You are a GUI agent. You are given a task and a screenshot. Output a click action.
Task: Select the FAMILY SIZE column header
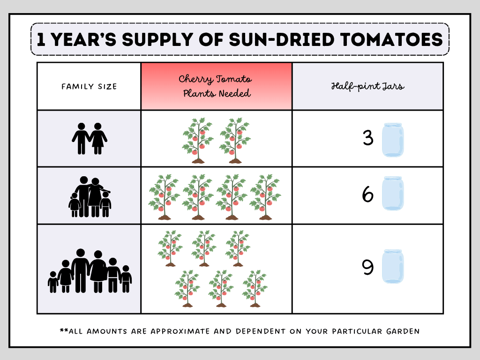click(89, 86)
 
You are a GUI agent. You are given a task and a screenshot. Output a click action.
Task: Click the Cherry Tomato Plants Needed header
click(217, 86)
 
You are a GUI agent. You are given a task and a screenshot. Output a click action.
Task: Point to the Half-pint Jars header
click(367, 86)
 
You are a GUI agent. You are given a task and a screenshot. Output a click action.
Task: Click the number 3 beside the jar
click(368, 138)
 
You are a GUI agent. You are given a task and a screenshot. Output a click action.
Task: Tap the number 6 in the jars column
click(368, 195)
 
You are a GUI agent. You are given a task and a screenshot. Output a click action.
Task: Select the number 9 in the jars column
click(368, 268)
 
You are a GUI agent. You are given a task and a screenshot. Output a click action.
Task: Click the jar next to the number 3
click(392, 140)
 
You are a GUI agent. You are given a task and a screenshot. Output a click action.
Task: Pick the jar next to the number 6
click(392, 193)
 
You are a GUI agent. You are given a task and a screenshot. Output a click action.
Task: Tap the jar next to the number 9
click(393, 266)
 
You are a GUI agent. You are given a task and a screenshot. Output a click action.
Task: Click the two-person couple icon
click(89, 138)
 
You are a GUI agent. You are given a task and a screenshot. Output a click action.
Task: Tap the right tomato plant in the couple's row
click(235, 141)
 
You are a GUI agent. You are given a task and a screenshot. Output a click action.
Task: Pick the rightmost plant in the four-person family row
click(265, 197)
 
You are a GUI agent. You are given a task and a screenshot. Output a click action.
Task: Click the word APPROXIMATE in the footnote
click(179, 331)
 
